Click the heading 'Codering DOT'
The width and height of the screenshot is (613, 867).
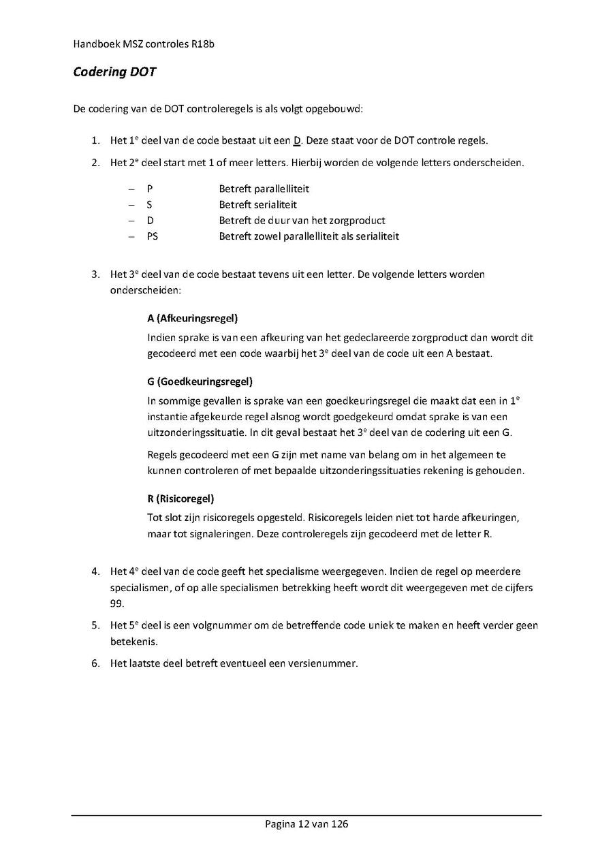(x=114, y=72)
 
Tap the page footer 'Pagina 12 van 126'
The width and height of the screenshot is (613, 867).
(x=306, y=824)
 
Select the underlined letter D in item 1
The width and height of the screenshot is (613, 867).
(x=297, y=141)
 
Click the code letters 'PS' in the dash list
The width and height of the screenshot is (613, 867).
(x=152, y=236)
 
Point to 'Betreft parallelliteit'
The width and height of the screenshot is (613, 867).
(x=264, y=189)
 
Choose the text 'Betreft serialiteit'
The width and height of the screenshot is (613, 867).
(x=257, y=204)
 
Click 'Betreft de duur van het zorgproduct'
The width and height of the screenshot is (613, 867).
(x=302, y=221)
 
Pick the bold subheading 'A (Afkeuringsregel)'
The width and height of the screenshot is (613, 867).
(x=192, y=318)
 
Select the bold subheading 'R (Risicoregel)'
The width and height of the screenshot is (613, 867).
(x=180, y=499)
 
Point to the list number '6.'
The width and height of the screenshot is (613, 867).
(x=96, y=663)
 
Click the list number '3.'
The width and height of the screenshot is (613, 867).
(x=96, y=274)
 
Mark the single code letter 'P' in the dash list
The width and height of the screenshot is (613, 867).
(x=149, y=189)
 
